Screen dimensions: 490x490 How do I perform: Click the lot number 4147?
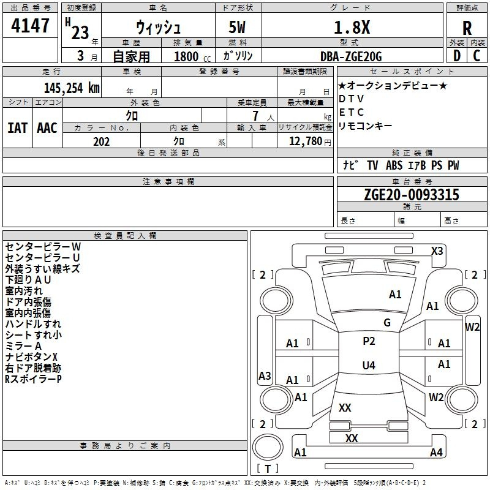(30, 26)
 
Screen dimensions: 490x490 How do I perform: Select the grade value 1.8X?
(352, 27)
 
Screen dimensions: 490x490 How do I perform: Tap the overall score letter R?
(467, 28)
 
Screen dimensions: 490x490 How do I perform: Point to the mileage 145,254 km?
(72, 88)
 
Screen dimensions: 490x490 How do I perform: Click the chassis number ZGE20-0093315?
(412, 195)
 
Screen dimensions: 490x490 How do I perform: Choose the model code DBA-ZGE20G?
(351, 56)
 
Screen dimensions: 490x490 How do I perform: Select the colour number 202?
(101, 141)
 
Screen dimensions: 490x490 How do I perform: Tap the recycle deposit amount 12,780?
(306, 141)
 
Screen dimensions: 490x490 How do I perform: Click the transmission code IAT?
(18, 128)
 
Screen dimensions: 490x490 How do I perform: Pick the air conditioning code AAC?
(47, 128)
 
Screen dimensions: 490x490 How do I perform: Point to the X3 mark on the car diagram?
(437, 251)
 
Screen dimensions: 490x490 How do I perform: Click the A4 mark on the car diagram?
(436, 452)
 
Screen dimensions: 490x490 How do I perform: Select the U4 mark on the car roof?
(369, 365)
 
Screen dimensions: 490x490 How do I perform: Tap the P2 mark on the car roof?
(369, 341)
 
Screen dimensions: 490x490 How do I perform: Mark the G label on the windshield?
(387, 323)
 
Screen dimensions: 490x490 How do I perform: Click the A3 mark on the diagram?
(265, 375)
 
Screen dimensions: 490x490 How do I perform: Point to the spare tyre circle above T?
(268, 447)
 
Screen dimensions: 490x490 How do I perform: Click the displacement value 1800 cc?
(192, 57)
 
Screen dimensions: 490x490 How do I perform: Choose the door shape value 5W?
(237, 27)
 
